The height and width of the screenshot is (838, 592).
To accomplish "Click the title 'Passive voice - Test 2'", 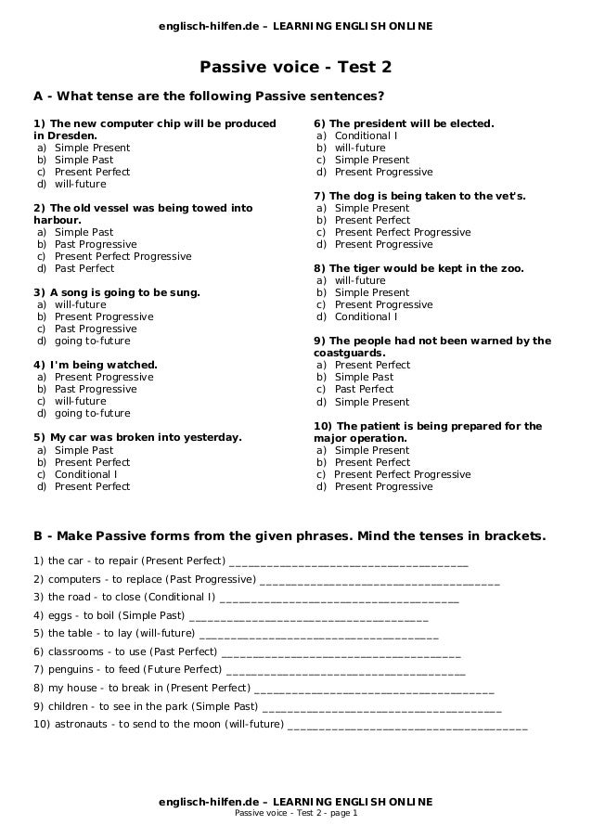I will [296, 68].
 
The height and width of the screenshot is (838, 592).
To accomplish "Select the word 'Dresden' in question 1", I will [71, 135].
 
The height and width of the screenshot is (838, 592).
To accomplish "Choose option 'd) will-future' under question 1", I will [80, 184].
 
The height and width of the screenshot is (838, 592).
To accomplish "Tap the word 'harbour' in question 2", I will [57, 220].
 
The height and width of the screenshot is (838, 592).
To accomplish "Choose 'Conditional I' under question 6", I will [366, 135].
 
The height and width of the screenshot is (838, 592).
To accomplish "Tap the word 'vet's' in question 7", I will [508, 196].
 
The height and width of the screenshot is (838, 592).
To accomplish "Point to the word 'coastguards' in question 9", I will [349, 353].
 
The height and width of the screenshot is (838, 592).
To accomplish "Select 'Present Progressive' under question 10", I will [383, 486].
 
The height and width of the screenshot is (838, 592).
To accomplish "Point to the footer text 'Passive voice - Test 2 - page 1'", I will [296, 814].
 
